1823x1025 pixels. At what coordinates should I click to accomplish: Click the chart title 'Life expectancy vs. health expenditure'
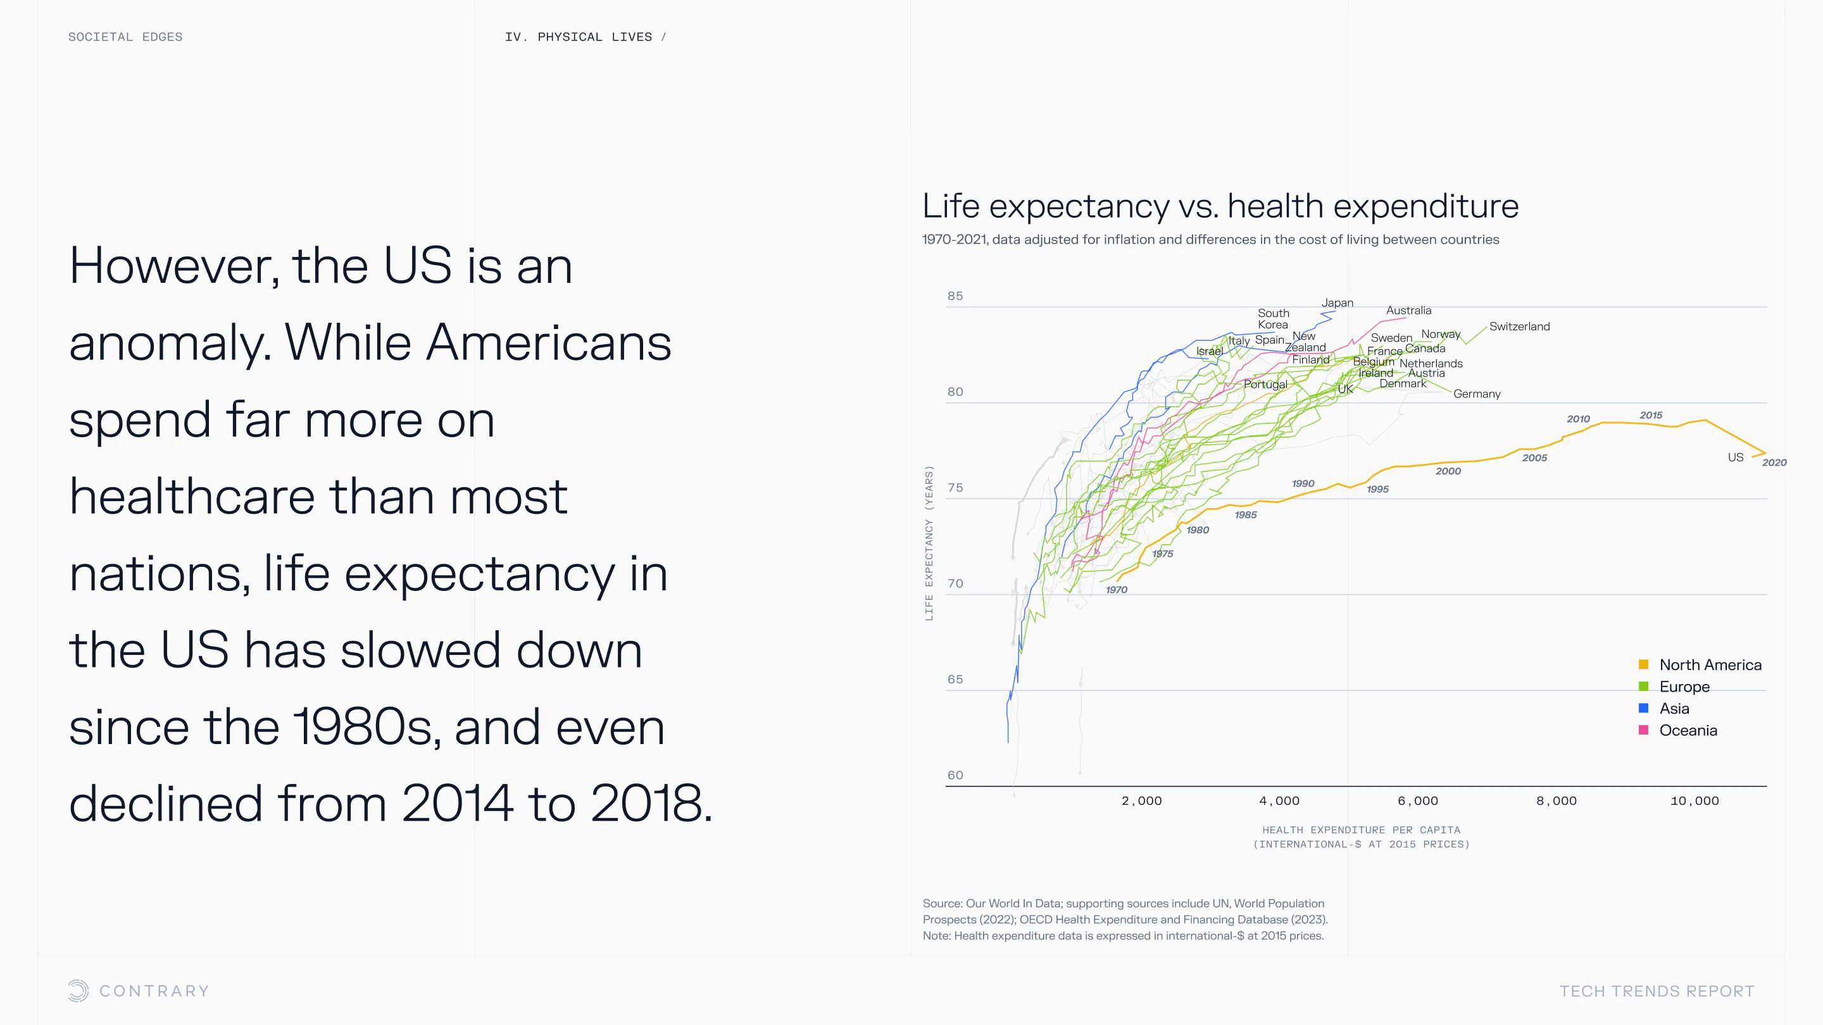click(x=1220, y=206)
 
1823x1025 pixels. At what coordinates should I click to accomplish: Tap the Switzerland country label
click(x=1519, y=326)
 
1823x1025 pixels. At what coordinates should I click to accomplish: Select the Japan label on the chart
click(x=1337, y=303)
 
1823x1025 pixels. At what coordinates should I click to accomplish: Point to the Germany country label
click(x=1476, y=394)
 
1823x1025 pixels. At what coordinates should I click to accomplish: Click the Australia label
click(x=1408, y=311)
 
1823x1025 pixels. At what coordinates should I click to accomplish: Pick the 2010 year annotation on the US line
click(x=1577, y=419)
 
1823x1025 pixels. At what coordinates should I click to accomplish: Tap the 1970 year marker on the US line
click(x=1116, y=590)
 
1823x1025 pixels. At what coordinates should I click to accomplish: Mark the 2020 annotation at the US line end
click(x=1774, y=463)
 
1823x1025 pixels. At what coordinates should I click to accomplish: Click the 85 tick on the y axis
click(x=955, y=295)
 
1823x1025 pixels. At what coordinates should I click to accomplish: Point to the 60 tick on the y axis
click(x=955, y=774)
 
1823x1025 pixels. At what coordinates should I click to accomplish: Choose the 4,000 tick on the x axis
click(x=1279, y=801)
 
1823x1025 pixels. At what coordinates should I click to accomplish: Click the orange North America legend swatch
click(x=1643, y=664)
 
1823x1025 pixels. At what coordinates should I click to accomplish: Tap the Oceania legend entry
click(x=1688, y=730)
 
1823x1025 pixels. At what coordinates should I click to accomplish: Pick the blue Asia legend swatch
click(x=1643, y=708)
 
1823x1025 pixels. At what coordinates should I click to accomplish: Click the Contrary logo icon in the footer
click(x=78, y=990)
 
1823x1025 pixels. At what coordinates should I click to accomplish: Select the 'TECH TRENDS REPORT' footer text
click(x=1656, y=991)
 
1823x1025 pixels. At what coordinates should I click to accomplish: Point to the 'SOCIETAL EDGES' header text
click(x=125, y=37)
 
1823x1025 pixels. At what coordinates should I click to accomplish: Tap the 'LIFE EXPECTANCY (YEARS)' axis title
click(x=929, y=543)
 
